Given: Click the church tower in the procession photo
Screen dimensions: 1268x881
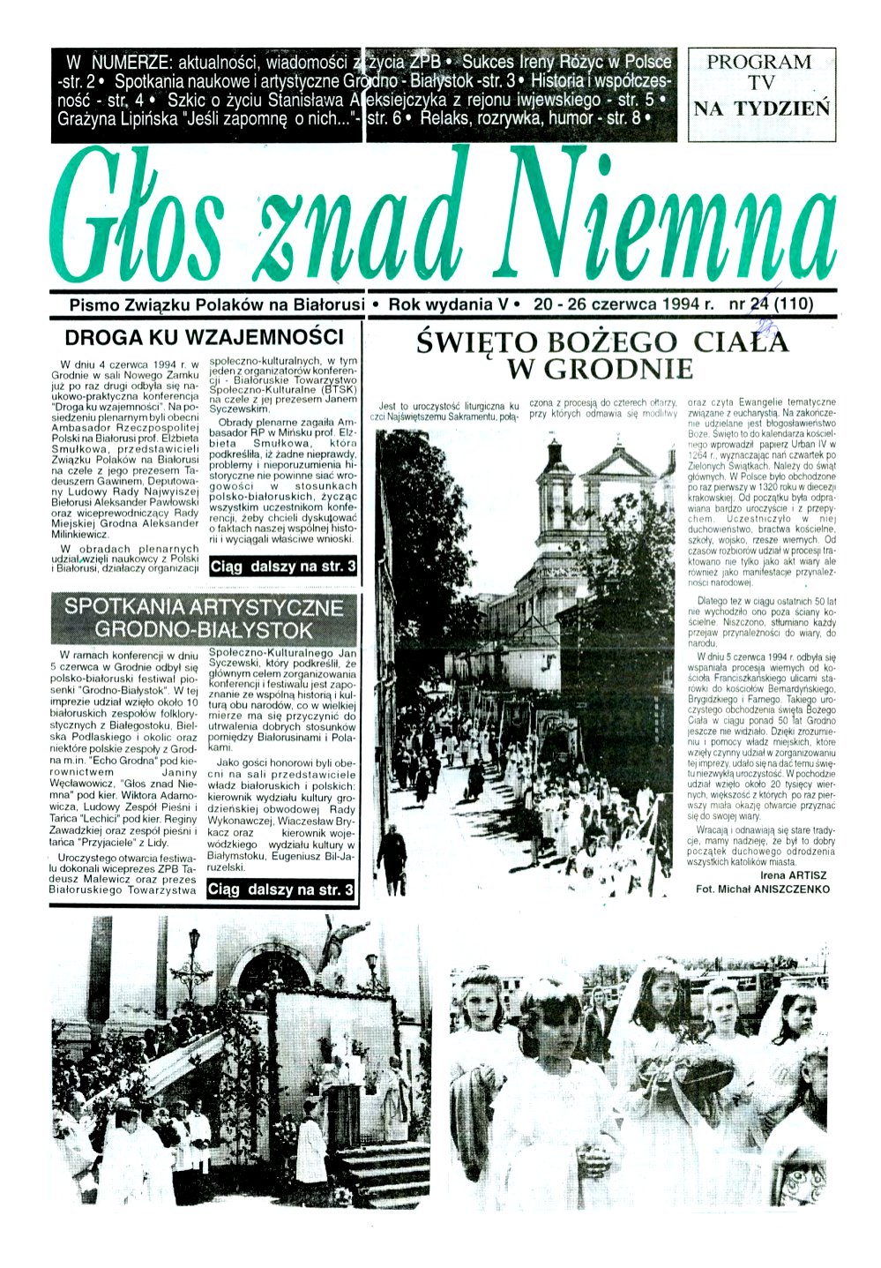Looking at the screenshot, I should tap(557, 494).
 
